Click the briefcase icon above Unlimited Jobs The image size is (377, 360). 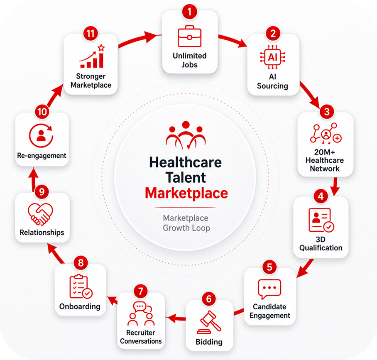pos(189,36)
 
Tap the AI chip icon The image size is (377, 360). pos(273,57)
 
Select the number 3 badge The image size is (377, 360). pos(327,112)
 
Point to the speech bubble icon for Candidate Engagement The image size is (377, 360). pos(269,289)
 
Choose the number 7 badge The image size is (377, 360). pos(141,291)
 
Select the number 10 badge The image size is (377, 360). pos(42,112)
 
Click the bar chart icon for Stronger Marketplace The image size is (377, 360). pos(93,56)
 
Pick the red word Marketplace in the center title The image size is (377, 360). pos(186,193)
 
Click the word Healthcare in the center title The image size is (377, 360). pos(185,162)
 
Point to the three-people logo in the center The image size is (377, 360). pos(186,135)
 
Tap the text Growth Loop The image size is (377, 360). pos(186,228)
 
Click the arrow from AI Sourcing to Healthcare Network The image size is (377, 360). pos(310,95)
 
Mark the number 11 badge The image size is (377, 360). pos(91,34)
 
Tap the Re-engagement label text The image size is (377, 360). pos(42,156)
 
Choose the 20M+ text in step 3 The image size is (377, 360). pos(325,152)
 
